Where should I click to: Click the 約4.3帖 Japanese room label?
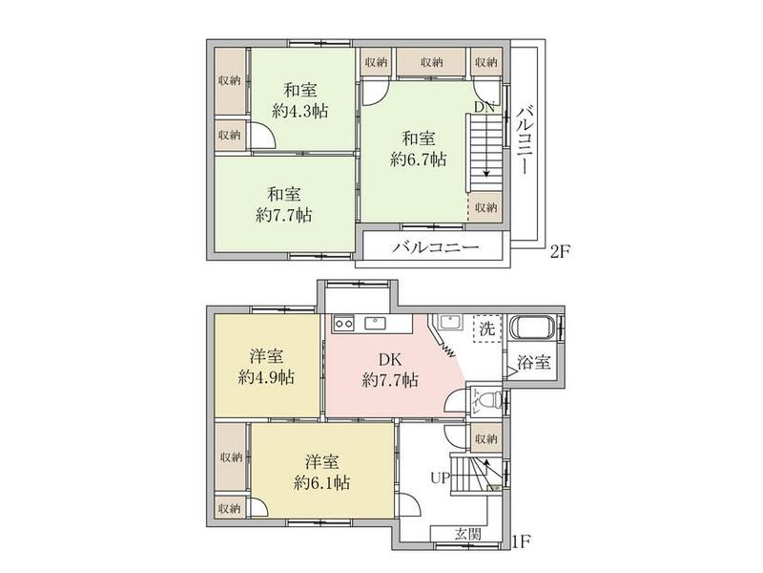click(x=300, y=100)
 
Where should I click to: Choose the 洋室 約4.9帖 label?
click(x=266, y=366)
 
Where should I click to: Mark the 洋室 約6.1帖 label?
click(x=321, y=472)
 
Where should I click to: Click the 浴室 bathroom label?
click(x=532, y=363)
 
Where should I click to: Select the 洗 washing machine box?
click(x=487, y=327)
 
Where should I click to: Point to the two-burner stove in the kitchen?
click(x=343, y=324)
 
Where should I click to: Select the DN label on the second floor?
click(x=485, y=108)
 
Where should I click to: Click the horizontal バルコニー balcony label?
click(x=434, y=248)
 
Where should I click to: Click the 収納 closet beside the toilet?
click(x=485, y=438)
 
